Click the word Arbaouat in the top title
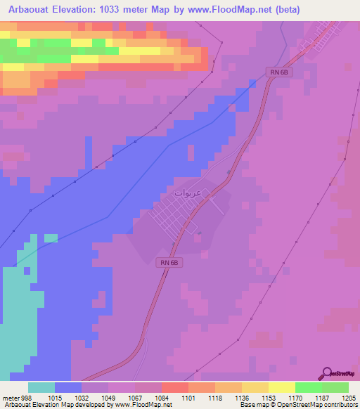(30, 9)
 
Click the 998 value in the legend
(27, 378)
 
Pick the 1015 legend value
(54, 378)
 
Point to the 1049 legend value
(108, 378)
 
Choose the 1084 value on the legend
(161, 378)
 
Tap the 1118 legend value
(214, 378)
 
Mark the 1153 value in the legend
(268, 378)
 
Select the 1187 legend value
(321, 378)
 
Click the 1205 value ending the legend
(348, 378)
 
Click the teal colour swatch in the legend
(41, 387)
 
